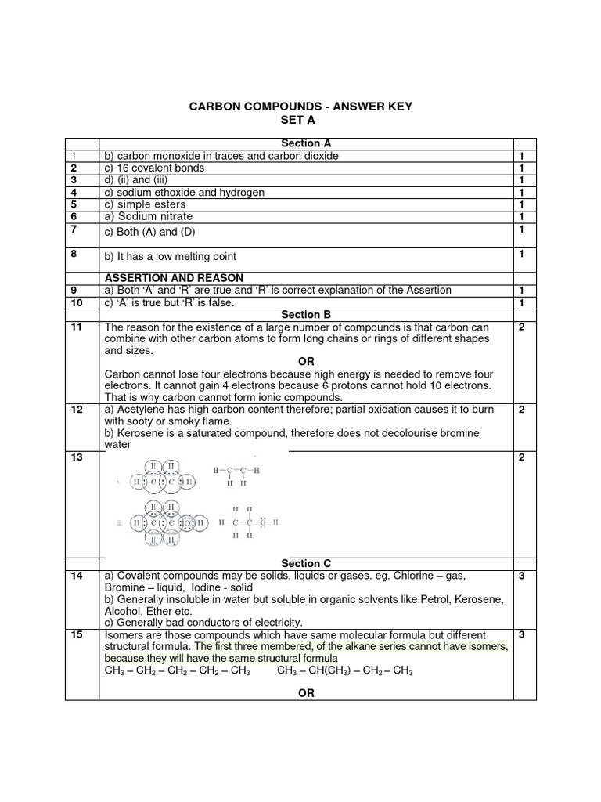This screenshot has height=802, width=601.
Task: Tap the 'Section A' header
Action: pyautogui.click(x=306, y=143)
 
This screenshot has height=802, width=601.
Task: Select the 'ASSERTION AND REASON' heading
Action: pyautogui.click(x=174, y=278)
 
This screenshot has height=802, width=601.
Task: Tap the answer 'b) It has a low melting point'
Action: pyautogui.click(x=171, y=257)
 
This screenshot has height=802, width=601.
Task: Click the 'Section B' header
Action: pyautogui.click(x=306, y=315)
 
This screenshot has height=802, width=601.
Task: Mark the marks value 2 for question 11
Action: pyautogui.click(x=521, y=327)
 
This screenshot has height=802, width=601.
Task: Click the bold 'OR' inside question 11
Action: pyautogui.click(x=306, y=363)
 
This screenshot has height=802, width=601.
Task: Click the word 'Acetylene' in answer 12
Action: pyautogui.click(x=141, y=410)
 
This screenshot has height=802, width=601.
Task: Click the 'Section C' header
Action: pyautogui.click(x=306, y=563)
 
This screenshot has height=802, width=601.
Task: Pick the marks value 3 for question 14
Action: pyautogui.click(x=521, y=576)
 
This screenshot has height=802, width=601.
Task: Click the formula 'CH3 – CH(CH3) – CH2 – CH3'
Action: pyautogui.click(x=344, y=671)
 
